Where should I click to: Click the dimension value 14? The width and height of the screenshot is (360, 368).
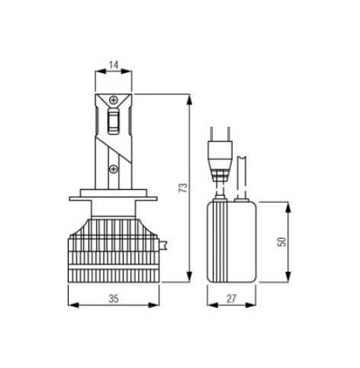coord(114,65)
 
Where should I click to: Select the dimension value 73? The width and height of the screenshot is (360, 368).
coord(183,187)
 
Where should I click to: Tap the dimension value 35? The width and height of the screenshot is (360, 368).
coord(114,299)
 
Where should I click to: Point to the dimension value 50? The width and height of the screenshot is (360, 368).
coord(281,242)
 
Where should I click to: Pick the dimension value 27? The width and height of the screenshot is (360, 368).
coord(231,299)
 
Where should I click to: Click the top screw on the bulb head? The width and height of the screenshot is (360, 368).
coord(114,100)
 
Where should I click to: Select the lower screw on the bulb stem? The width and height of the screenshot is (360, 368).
coord(114,169)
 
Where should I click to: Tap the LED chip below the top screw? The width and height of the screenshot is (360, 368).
coord(114,121)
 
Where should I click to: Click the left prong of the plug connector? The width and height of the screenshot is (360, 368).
coord(211,134)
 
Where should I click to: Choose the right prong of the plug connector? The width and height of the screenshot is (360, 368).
coord(229,134)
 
